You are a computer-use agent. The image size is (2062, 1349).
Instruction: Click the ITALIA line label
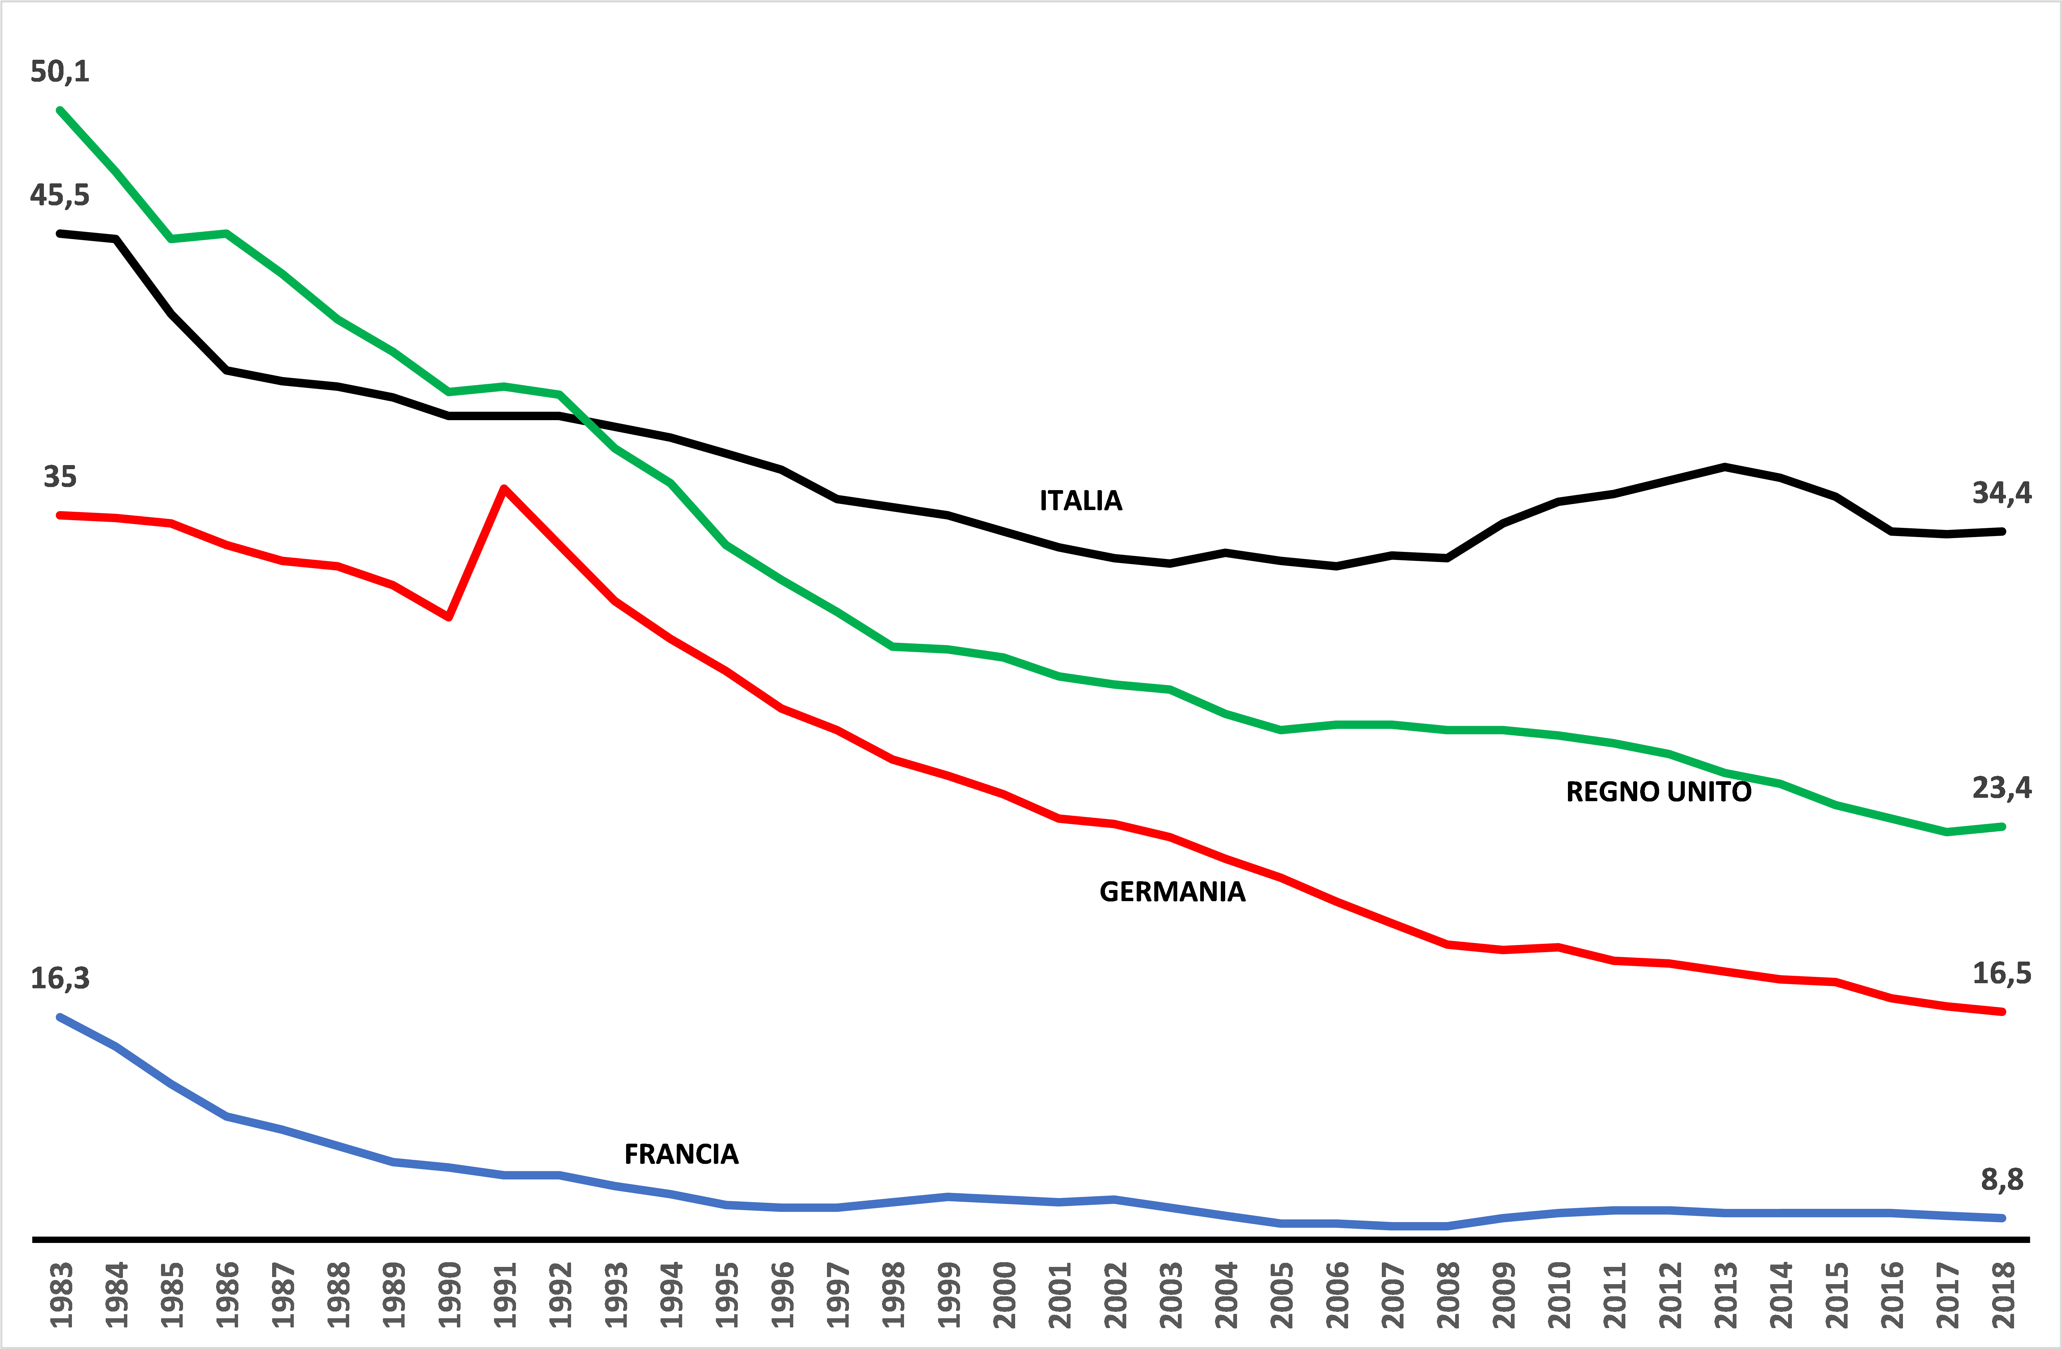tap(1080, 501)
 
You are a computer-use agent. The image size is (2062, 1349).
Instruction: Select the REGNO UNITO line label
tap(1658, 792)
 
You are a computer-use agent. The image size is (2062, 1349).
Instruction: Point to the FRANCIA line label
tap(681, 1154)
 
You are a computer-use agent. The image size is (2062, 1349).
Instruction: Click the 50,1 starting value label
tap(60, 71)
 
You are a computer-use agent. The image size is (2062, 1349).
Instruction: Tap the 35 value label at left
tap(60, 477)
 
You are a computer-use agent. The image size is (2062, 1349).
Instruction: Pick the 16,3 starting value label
tap(60, 978)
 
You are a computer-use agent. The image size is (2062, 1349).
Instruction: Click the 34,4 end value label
tap(2001, 493)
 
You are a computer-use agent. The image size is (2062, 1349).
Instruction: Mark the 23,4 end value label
tap(2001, 788)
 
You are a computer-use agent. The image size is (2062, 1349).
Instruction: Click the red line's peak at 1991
tap(504, 489)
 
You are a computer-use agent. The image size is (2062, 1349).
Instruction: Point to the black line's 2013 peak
tap(1725, 467)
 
